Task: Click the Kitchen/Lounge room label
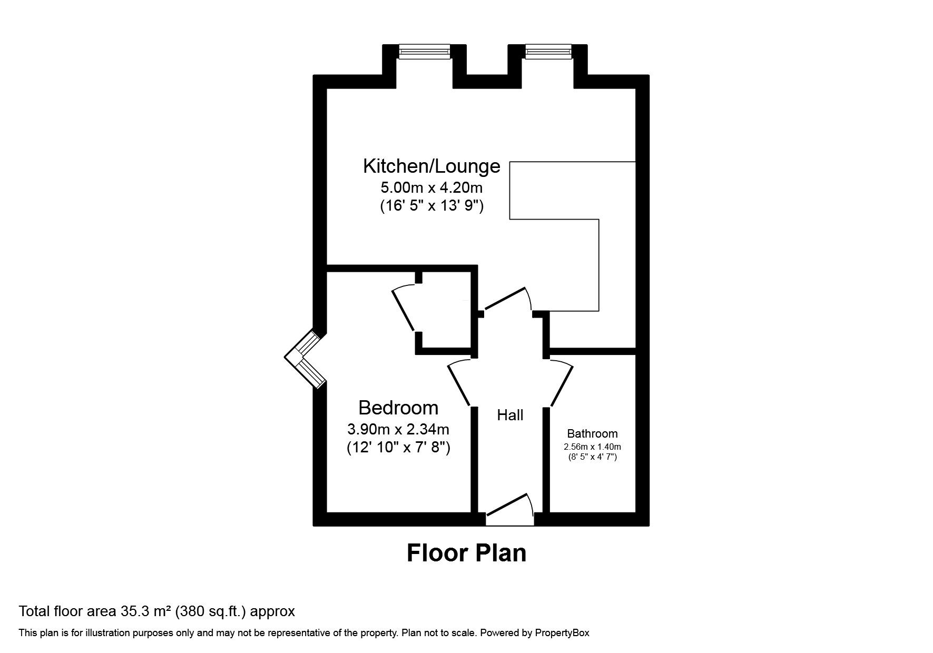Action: pos(431,166)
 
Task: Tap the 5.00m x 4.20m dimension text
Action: pos(431,187)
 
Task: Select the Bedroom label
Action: pos(398,408)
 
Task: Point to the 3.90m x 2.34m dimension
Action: pos(398,429)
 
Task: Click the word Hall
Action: pos(510,415)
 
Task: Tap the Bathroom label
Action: pos(592,434)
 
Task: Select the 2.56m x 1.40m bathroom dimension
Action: pos(592,447)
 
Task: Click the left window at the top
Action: pos(424,51)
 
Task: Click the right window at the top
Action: pos(548,51)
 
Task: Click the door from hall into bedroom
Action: pos(459,383)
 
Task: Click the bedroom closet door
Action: pos(404,311)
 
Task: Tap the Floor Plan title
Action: pos(466,553)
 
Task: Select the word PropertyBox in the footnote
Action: pos(562,633)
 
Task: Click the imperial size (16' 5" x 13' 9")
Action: pos(431,206)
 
